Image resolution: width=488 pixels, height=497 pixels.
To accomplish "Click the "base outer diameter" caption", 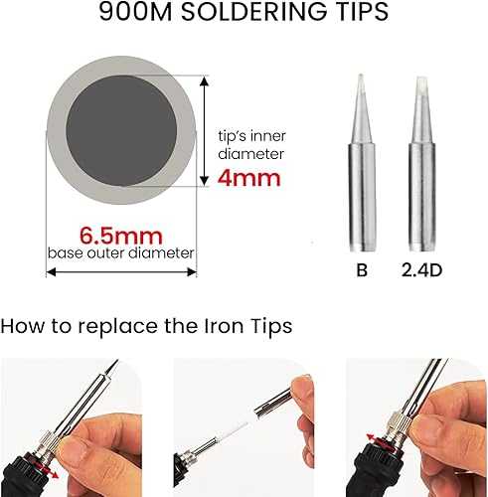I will click(121, 252).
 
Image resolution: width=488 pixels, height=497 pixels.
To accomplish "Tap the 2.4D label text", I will click(420, 268).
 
